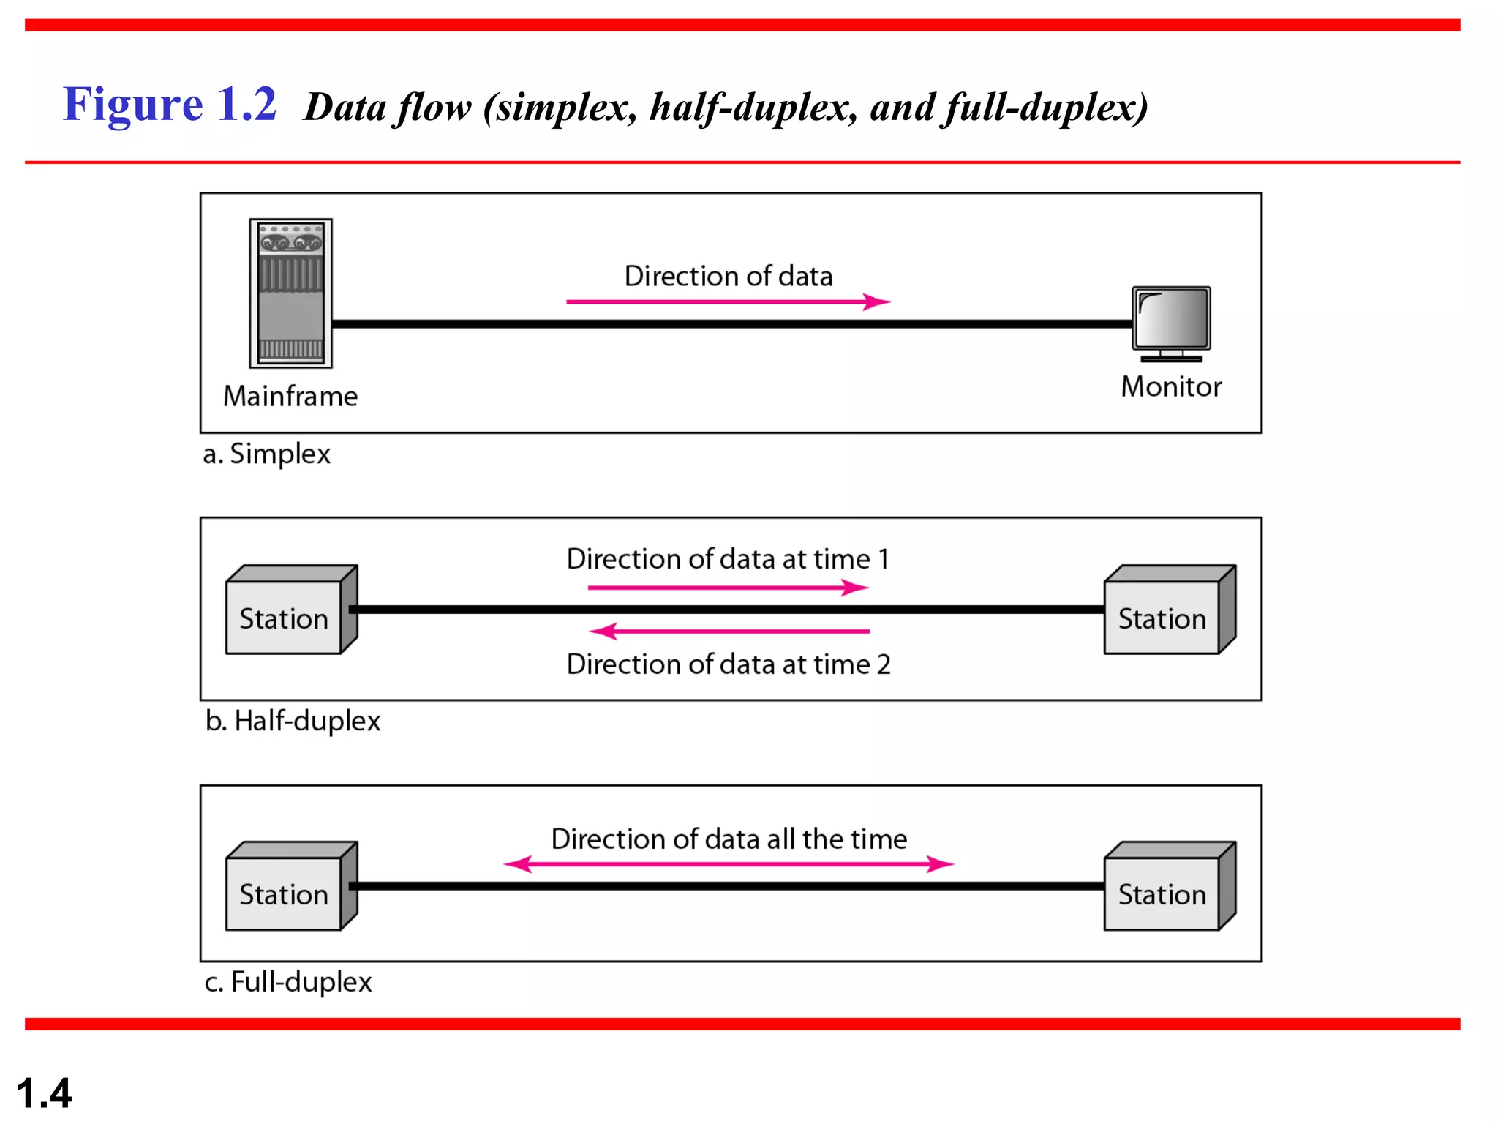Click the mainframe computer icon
[290, 293]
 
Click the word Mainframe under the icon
[290, 396]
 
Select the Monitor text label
[1171, 386]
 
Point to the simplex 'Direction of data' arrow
[728, 301]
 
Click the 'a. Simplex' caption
[266, 454]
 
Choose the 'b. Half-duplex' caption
[293, 721]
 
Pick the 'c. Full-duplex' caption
[288, 981]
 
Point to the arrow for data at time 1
[728, 588]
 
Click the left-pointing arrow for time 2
[729, 631]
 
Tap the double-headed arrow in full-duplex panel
[729, 864]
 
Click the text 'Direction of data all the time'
[729, 839]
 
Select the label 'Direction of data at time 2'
[729, 664]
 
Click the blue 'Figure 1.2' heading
[170, 104]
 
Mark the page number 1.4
[44, 1093]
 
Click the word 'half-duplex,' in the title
[753, 108]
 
